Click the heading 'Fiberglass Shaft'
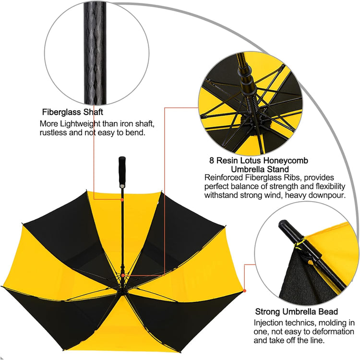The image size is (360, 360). pos(72,112)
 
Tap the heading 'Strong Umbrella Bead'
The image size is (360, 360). pos(297,312)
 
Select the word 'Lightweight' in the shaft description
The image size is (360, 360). pos(80,124)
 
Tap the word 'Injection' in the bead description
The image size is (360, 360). pos(268,323)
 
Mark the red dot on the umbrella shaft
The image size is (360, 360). pos(122,200)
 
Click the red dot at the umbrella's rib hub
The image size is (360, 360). pos(123,275)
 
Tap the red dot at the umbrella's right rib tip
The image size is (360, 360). pos(245,291)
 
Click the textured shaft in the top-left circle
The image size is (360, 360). pos(96,53)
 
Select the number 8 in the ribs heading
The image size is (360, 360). pos(212,160)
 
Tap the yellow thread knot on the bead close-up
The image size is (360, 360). pos(310,262)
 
